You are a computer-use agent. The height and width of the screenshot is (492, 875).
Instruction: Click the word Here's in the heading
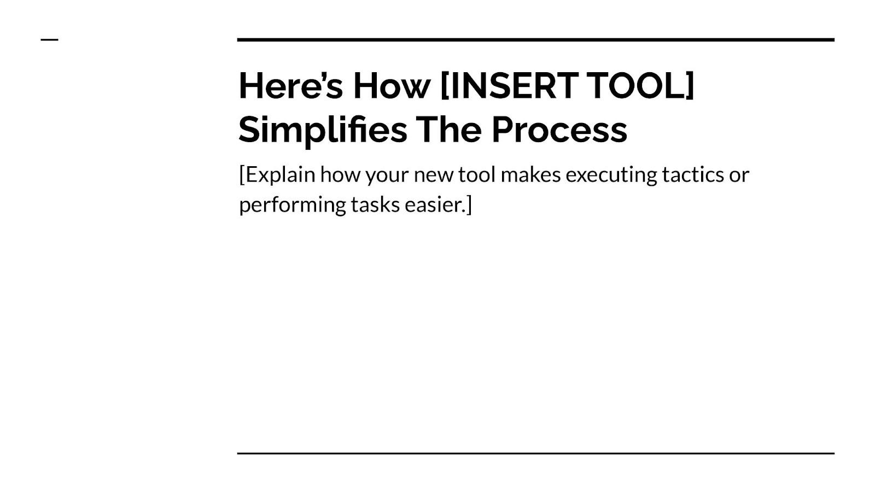click(291, 85)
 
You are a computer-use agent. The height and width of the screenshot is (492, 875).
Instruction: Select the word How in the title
click(392, 85)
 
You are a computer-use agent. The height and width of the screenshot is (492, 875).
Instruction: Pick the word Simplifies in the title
click(323, 131)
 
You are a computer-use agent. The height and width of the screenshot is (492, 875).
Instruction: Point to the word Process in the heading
click(559, 130)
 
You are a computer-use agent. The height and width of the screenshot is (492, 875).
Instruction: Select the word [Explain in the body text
click(277, 175)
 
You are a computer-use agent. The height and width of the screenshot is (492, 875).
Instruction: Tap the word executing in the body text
click(611, 174)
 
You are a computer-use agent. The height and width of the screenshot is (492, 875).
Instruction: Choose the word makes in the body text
click(530, 174)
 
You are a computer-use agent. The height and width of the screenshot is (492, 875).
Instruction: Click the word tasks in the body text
click(375, 205)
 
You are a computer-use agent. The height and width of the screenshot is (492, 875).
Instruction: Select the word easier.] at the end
click(438, 205)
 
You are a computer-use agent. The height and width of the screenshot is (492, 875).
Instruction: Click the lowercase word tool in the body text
click(477, 174)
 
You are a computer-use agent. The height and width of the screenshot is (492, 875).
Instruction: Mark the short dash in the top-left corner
click(50, 39)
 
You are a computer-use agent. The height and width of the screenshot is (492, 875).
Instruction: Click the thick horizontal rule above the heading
click(536, 40)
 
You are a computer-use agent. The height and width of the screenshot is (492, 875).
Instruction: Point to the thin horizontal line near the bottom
click(536, 453)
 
